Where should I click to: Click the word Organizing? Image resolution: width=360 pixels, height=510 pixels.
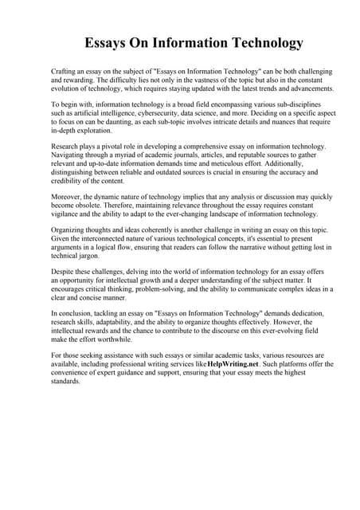point(69,238)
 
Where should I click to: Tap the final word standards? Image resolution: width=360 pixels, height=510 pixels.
point(66,379)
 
